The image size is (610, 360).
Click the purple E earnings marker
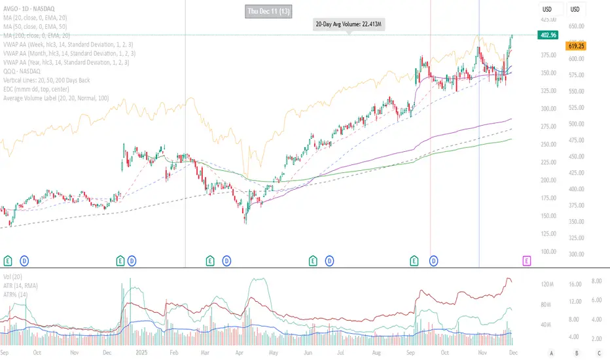click(527, 261)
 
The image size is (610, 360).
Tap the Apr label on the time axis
click(249, 351)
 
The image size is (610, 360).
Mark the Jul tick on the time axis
click(343, 351)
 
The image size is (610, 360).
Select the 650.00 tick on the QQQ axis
click(577, 26)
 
